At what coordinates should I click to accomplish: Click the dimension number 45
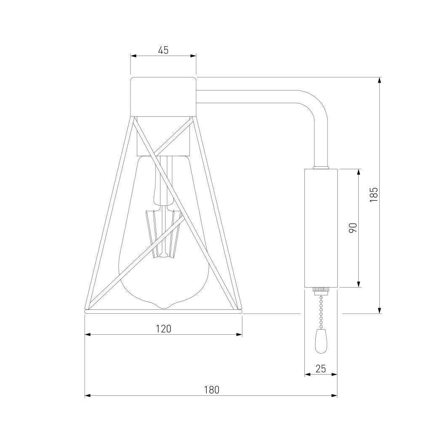coord(163,50)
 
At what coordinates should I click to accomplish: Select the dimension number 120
coord(163,329)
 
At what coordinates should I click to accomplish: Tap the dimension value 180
coord(212,389)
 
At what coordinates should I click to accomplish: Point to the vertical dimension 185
coord(373,195)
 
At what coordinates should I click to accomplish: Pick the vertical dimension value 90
coord(353,228)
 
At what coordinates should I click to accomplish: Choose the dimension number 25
coord(320,369)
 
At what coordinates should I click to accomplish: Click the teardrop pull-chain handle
coord(321,341)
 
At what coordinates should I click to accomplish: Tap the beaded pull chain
coord(321,312)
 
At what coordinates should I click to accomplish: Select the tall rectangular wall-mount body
coord(321,228)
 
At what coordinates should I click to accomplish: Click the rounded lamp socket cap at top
coord(163,97)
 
